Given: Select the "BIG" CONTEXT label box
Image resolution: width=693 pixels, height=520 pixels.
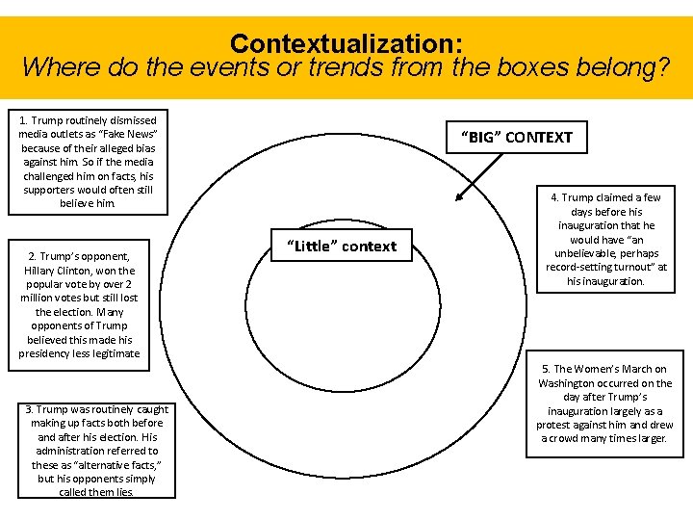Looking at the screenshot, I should pos(516,137).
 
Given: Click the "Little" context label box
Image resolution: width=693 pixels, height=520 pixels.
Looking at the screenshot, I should pos(341,246).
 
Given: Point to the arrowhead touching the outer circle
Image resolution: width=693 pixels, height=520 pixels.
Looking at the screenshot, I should pos(459,198).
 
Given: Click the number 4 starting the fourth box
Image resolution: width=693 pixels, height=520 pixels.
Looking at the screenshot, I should pos(553,197).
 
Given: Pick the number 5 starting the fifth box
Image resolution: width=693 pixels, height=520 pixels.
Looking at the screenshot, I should pos(546,369).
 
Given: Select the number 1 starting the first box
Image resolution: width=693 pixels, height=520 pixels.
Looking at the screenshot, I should pos(22,120).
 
